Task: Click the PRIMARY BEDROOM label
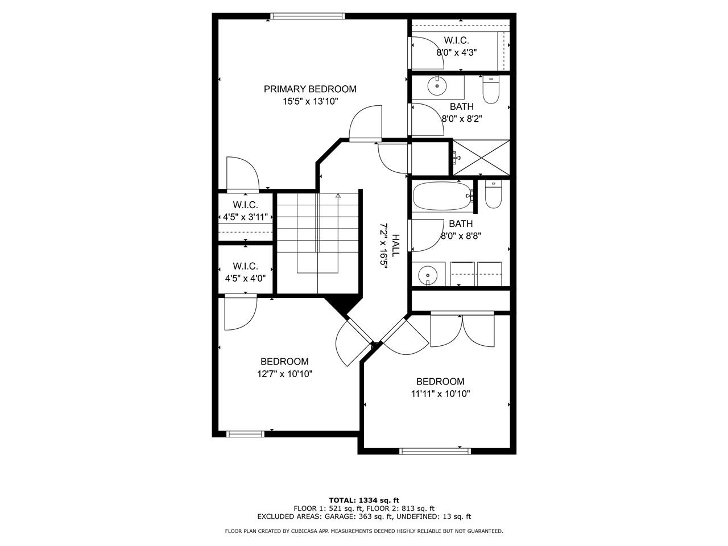310,89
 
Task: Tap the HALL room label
396,245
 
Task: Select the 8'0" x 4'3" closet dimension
456,52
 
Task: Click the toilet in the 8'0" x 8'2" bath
490,89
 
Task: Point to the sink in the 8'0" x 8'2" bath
437,86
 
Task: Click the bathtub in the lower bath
442,196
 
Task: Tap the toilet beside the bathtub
493,195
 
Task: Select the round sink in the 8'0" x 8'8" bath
428,275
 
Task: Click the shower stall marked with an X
481,158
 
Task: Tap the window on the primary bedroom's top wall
308,16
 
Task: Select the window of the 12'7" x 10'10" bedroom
245,434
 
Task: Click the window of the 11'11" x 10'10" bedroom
435,451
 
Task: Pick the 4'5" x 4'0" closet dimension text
246,278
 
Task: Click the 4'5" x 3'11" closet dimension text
246,217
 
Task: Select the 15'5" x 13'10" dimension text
310,101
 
